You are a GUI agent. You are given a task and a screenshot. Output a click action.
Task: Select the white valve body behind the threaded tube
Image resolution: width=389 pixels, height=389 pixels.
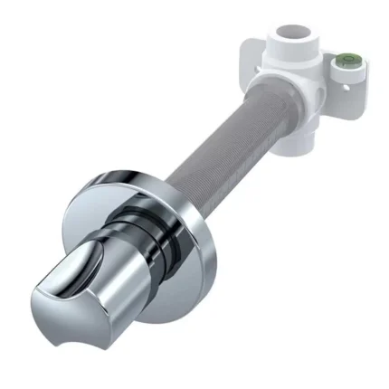point(294,86)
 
